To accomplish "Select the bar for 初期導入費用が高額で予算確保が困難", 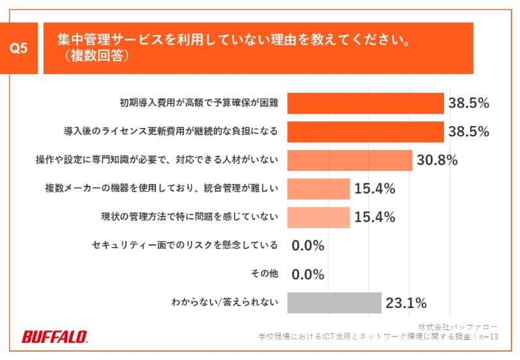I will (x=365, y=103).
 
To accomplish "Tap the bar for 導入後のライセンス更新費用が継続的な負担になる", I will (x=365, y=131).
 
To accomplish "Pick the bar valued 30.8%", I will (x=350, y=160).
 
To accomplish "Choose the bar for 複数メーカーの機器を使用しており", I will (x=318, y=188).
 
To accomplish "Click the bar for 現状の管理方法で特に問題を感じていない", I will (x=318, y=217).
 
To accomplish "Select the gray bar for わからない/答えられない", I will (x=334, y=302).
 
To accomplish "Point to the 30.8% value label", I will (x=438, y=160).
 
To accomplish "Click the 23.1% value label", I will (x=406, y=302).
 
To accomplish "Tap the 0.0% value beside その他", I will (x=308, y=274).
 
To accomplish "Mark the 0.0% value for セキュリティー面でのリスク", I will (x=308, y=246).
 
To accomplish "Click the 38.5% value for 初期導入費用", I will (x=469, y=103).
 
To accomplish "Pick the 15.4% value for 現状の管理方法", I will (x=375, y=217).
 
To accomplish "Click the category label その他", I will (x=266, y=274).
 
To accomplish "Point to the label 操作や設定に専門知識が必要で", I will (x=157, y=160).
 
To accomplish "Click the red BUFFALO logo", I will (x=55, y=337).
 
